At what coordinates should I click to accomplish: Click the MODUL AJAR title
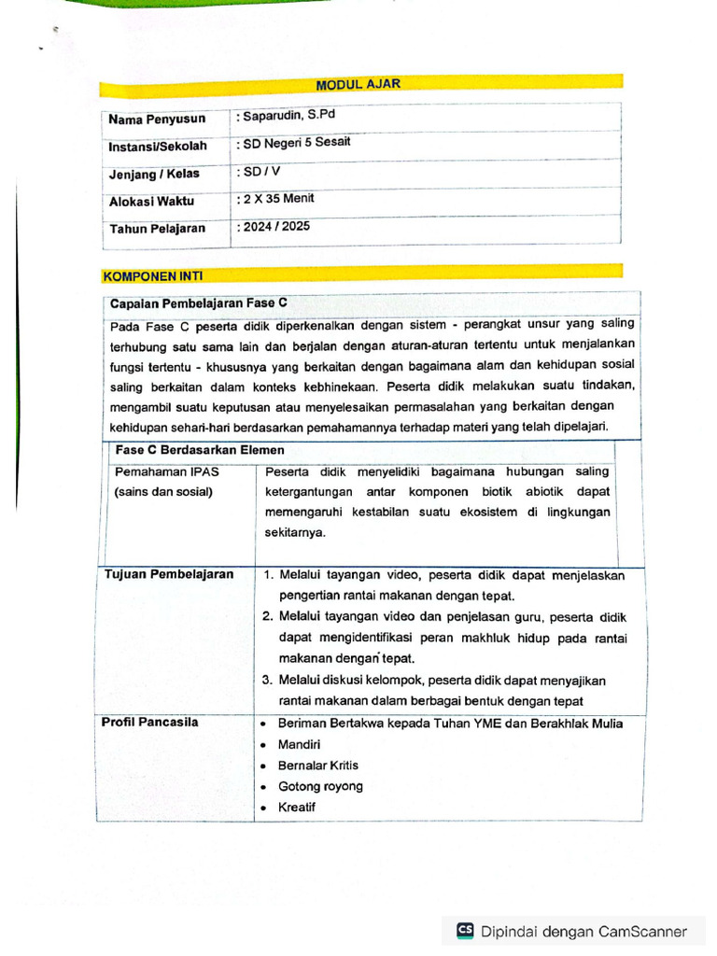tap(358, 85)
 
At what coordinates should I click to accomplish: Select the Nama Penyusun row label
tap(156, 119)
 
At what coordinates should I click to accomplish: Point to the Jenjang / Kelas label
tap(154, 174)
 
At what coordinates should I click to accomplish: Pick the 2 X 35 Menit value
tap(278, 199)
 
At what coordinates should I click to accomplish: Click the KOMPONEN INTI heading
tap(152, 276)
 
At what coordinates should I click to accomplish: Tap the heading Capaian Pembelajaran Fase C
tap(199, 303)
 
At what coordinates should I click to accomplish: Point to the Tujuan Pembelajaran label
tap(169, 574)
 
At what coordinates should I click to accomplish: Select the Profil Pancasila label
tap(151, 722)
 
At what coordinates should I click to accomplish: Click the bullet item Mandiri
tap(299, 745)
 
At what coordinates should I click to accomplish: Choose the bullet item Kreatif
tap(297, 807)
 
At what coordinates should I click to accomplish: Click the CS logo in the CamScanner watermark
tap(465, 930)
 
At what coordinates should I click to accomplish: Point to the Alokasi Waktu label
tap(151, 201)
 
